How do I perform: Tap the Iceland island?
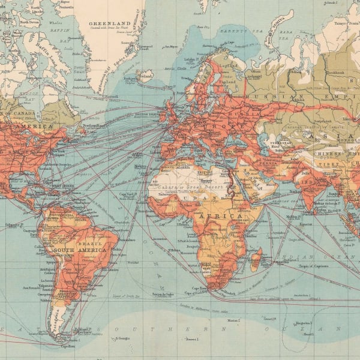tap(144, 76)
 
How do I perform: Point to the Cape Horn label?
tap(67, 346)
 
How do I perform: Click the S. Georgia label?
tap(124, 338)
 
